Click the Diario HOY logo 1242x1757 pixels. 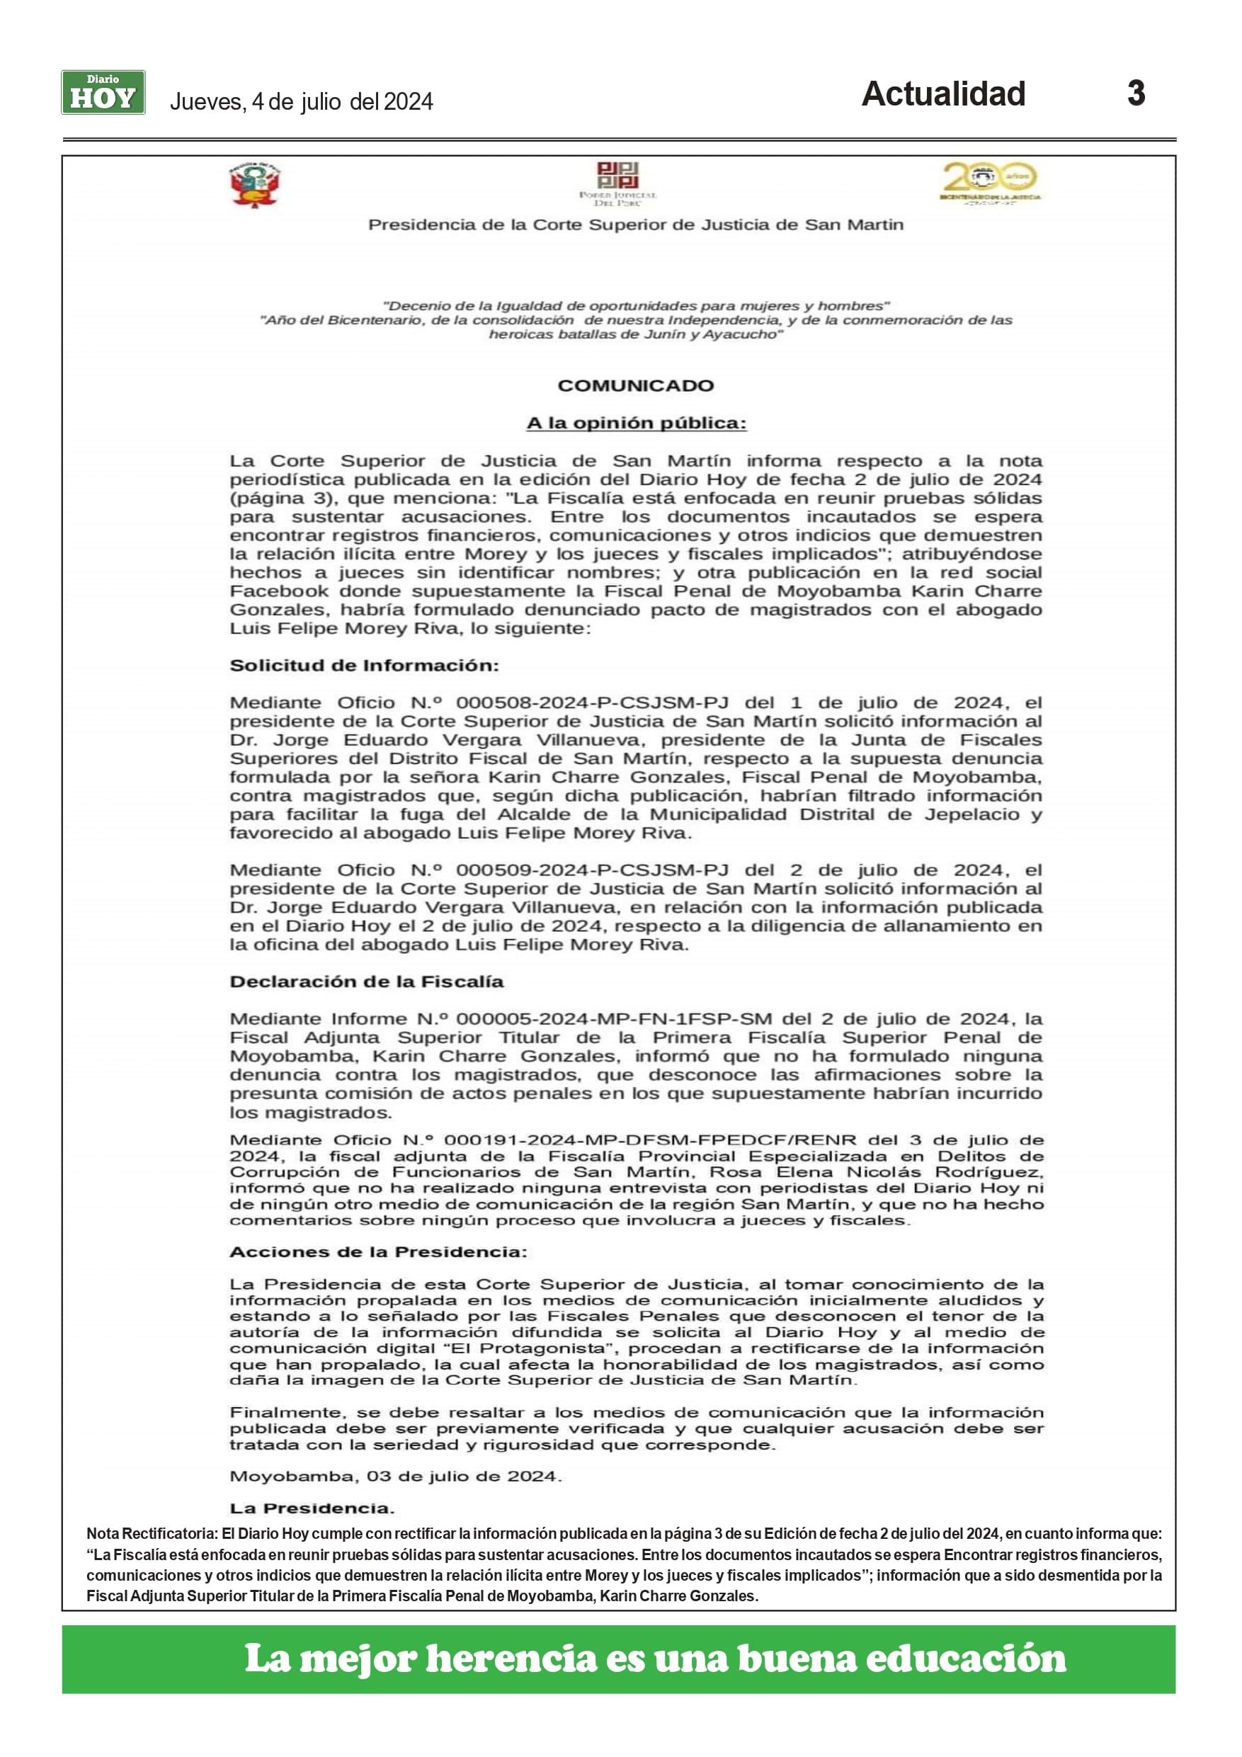coord(103,93)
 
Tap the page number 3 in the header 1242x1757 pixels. coord(1136,93)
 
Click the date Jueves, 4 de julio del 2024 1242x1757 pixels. coord(301,102)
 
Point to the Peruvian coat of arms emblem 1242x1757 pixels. coord(256,185)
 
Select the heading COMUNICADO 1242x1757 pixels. coord(635,386)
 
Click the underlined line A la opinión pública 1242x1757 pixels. coord(636,423)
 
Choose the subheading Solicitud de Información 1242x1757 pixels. coord(364,666)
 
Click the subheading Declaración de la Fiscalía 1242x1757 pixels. coord(367,982)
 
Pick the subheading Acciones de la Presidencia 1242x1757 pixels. coord(378,1252)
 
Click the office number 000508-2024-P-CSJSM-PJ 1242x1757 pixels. coord(591,703)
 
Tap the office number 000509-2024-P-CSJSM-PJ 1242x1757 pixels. coord(591,871)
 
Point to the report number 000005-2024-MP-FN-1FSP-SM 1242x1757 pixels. coord(615,1019)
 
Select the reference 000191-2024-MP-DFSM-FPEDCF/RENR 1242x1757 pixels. coord(650,1140)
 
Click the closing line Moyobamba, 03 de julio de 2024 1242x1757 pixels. coord(395,1476)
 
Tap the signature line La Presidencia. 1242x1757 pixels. coord(312,1508)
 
